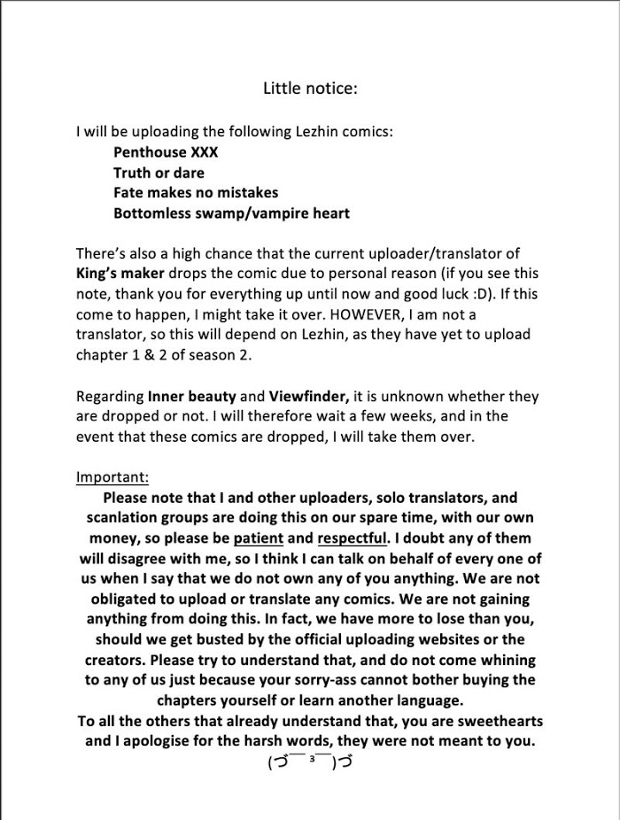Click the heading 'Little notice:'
pyautogui.click(x=310, y=88)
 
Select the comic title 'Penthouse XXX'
pyautogui.click(x=166, y=151)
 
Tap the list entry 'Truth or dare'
pyautogui.click(x=159, y=172)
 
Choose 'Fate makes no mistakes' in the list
pyautogui.click(x=196, y=192)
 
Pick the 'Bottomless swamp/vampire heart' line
pyautogui.click(x=231, y=213)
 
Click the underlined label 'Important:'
pyautogui.click(x=112, y=477)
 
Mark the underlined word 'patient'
pyautogui.click(x=259, y=538)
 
